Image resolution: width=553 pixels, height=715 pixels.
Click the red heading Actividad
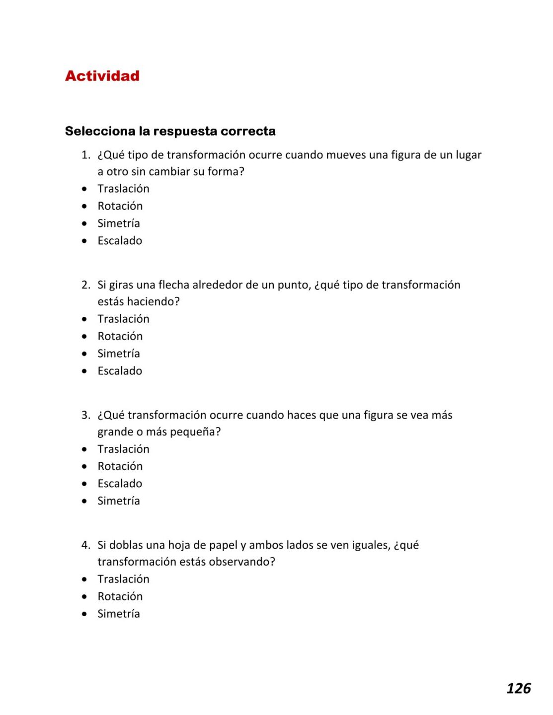(x=102, y=76)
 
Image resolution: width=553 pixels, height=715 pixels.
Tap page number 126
(x=518, y=688)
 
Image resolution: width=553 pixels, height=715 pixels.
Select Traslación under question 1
(x=123, y=189)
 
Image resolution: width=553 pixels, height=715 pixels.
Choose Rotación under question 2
(x=120, y=336)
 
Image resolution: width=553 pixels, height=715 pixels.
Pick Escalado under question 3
(x=120, y=484)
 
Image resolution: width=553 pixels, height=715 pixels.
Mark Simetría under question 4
(x=118, y=614)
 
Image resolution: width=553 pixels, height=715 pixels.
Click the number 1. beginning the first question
(x=86, y=155)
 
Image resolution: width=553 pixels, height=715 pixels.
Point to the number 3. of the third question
(x=86, y=415)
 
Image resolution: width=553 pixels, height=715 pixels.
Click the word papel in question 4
(x=223, y=545)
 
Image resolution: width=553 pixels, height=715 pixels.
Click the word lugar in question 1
(x=469, y=155)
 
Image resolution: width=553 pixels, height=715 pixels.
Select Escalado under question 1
(x=120, y=241)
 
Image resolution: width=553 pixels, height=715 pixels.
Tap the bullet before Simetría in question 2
(x=84, y=354)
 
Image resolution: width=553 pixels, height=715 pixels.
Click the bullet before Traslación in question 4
(x=84, y=579)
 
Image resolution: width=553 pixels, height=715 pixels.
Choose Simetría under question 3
(x=118, y=501)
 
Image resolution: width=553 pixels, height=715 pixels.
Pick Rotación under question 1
(x=120, y=206)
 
